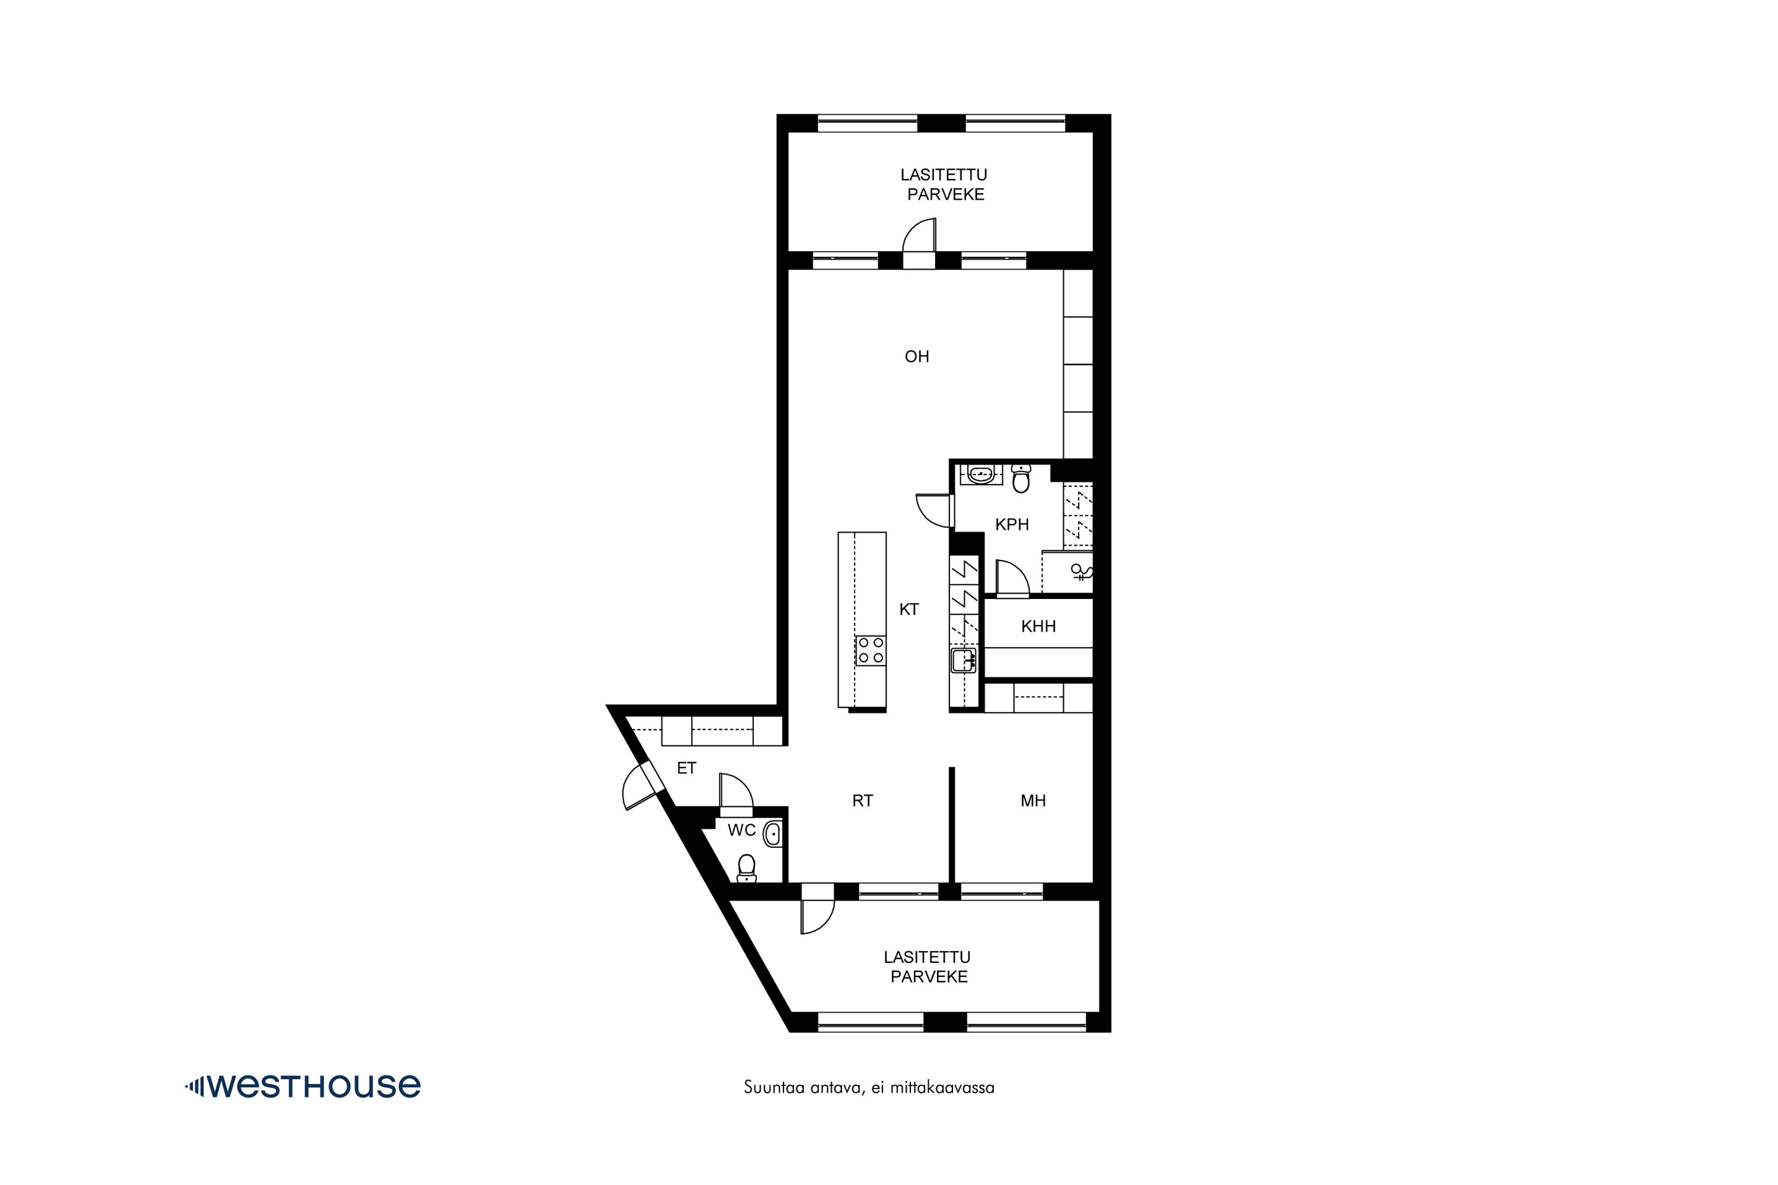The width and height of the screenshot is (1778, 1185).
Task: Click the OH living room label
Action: pyautogui.click(x=916, y=357)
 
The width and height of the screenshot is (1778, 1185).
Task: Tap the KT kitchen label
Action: pyautogui.click(x=909, y=609)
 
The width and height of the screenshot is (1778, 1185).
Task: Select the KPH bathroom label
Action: pyautogui.click(x=1012, y=524)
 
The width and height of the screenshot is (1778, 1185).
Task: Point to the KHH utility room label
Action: pyautogui.click(x=1038, y=626)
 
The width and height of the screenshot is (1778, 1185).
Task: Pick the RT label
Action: pyautogui.click(x=862, y=800)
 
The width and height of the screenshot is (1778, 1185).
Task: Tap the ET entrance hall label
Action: pyautogui.click(x=686, y=768)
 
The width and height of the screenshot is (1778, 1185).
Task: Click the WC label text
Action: pyautogui.click(x=741, y=830)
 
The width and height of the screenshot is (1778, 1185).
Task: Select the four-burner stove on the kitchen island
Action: pyautogui.click(x=870, y=650)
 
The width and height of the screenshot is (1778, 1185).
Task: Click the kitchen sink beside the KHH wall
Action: pyautogui.click(x=963, y=661)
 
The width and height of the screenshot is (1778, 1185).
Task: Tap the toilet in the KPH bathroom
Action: pyautogui.click(x=1021, y=478)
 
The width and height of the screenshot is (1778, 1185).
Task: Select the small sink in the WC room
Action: pyautogui.click(x=772, y=834)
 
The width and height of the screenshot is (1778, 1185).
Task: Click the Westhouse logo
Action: pyautogui.click(x=302, y=1086)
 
